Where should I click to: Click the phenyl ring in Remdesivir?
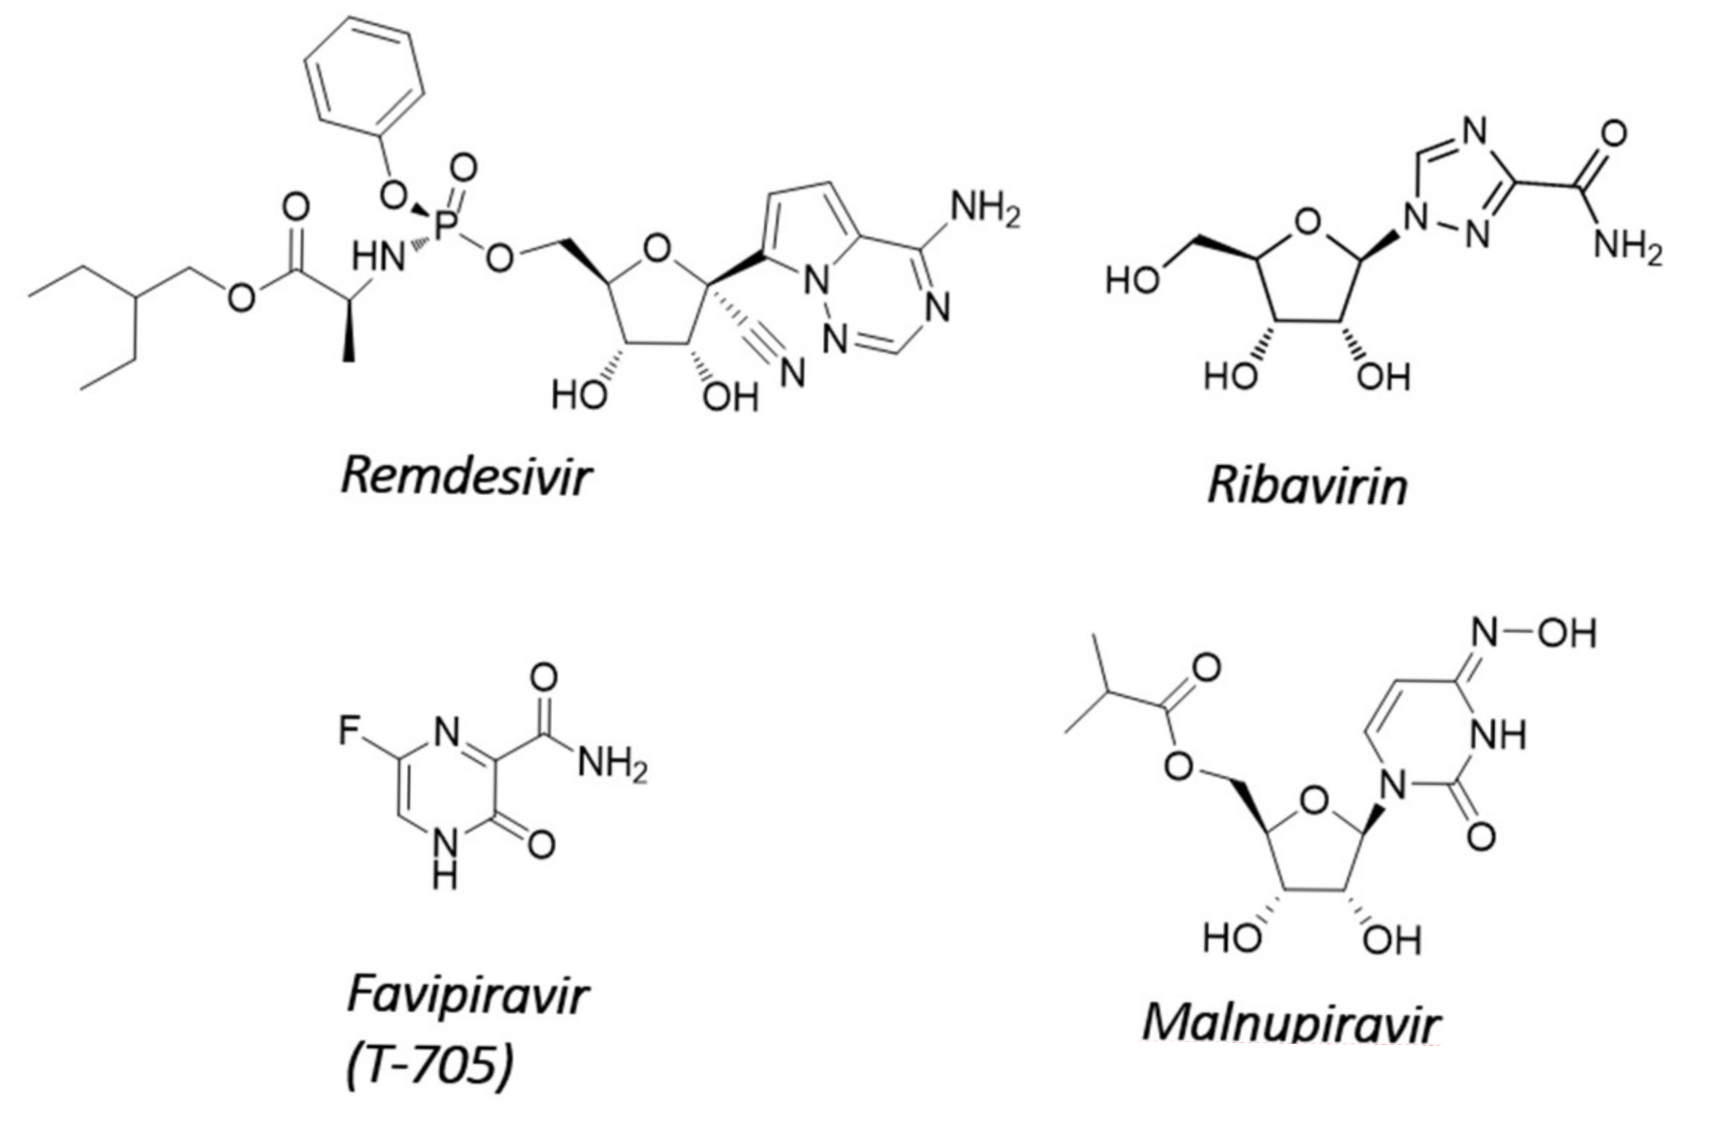click(364, 77)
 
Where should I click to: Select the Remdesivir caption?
click(465, 477)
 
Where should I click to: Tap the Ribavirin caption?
click(1306, 485)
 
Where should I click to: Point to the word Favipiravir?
click(467, 995)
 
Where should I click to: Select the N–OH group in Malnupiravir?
click(1534, 633)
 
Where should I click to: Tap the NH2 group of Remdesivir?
click(984, 210)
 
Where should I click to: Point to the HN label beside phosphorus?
click(378, 257)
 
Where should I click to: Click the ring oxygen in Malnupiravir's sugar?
click(1314, 801)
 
